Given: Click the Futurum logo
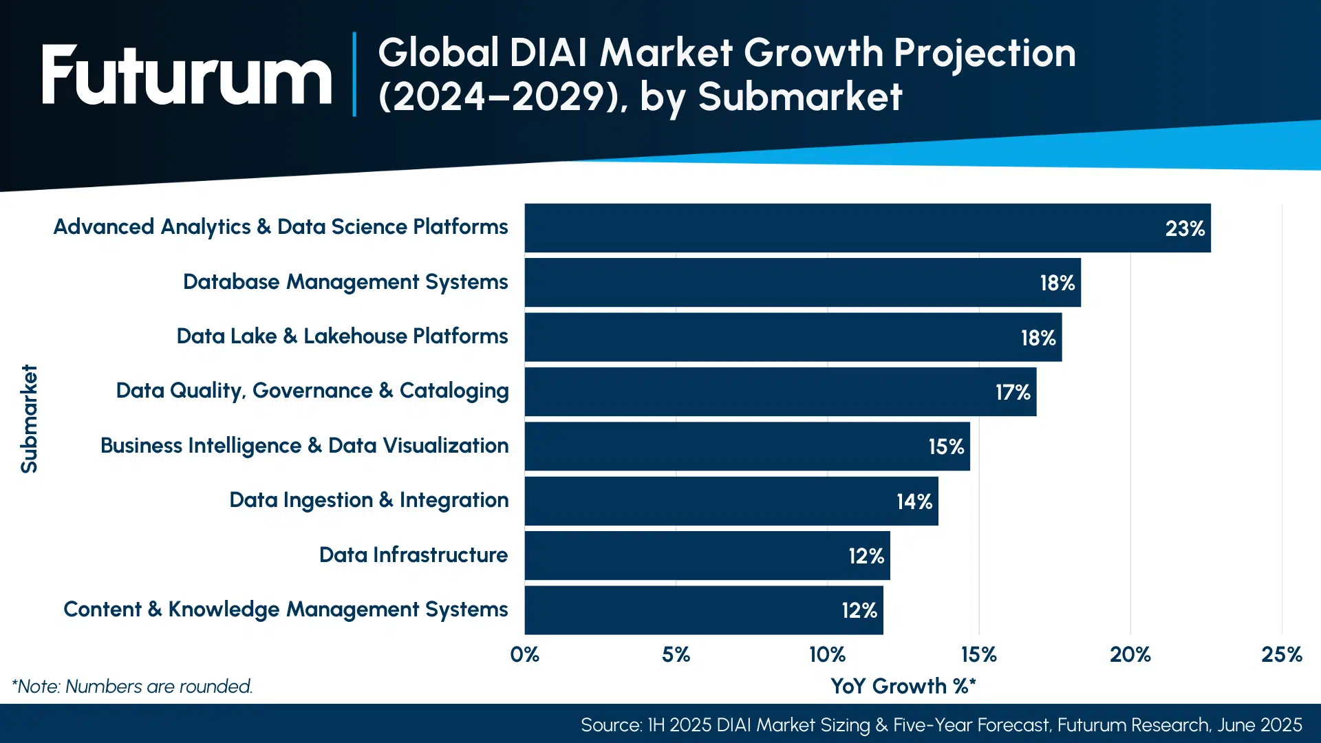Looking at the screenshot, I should [186, 75].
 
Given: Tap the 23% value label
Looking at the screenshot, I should [1184, 228].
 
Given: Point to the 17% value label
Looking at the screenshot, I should [1012, 393].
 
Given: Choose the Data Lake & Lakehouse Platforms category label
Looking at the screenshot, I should [342, 336].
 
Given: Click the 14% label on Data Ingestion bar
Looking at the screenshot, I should [914, 502].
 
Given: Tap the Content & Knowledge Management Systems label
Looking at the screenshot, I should [286, 610].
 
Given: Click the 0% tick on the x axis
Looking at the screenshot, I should [524, 654].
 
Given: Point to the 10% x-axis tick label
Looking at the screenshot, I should [827, 654].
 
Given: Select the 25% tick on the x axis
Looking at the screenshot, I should [1281, 654].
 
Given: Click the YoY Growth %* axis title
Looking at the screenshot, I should [903, 686].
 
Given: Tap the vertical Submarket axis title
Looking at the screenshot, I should [29, 418].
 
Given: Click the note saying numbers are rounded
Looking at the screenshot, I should [132, 687].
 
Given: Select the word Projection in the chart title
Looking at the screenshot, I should [985, 54].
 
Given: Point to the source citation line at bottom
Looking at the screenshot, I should [941, 725].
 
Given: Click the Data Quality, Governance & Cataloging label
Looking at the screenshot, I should [312, 391].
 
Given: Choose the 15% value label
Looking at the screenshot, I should [945, 447].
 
